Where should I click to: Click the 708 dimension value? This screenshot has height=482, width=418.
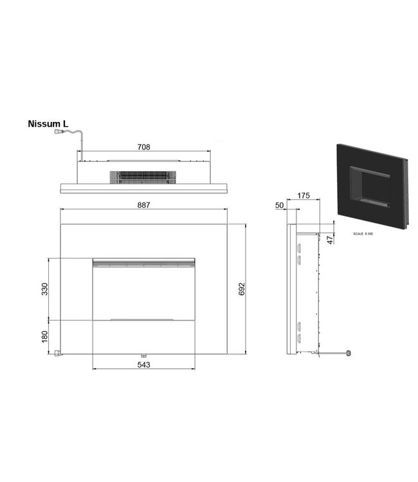(x=144, y=147)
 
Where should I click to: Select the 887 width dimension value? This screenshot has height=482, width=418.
(x=144, y=205)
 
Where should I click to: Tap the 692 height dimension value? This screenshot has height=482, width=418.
(x=242, y=289)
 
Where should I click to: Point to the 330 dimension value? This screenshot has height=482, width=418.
(x=45, y=289)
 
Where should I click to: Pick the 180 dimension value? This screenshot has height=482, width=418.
(x=45, y=337)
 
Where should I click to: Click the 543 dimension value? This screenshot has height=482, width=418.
(x=144, y=364)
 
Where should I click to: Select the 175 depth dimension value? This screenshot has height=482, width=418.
(x=304, y=195)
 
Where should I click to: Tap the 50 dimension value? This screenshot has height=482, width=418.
(x=279, y=205)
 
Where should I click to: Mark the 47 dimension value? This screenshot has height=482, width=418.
(x=330, y=240)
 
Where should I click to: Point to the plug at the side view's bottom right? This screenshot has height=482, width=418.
(x=349, y=353)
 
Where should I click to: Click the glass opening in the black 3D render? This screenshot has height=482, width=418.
(x=368, y=186)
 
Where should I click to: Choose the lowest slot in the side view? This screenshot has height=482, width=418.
(x=299, y=337)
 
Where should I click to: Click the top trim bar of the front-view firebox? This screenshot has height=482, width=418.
(x=144, y=261)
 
